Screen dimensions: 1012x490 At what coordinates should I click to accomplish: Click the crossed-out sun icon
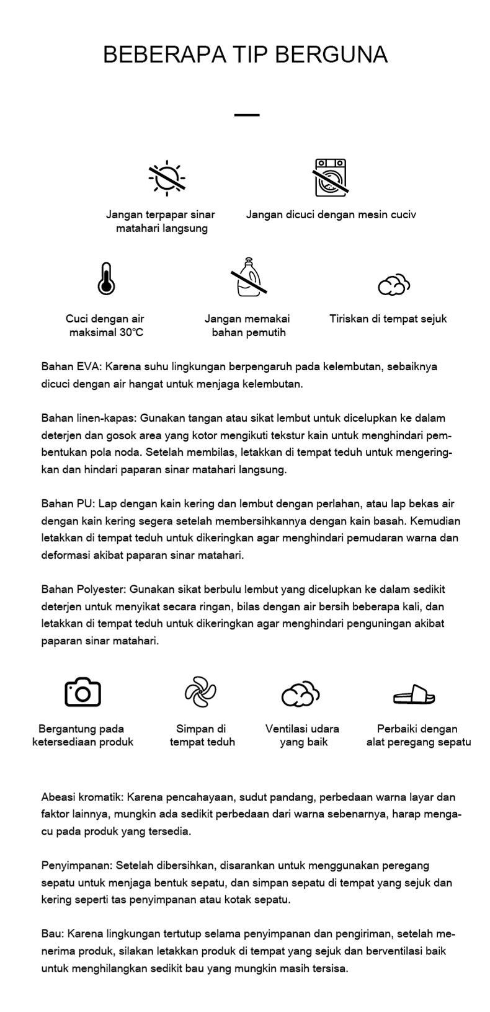(167, 178)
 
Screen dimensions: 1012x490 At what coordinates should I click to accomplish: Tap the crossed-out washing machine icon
(330, 177)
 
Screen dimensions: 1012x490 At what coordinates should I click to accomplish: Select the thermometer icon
(106, 278)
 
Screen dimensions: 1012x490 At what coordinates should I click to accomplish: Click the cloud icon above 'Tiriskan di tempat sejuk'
(394, 284)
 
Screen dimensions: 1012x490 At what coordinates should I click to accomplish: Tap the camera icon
(82, 692)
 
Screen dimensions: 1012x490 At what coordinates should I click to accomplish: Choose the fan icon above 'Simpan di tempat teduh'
(200, 692)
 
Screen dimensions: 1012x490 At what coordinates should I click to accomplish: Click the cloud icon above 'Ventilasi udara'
(300, 694)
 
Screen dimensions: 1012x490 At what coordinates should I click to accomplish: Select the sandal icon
(414, 695)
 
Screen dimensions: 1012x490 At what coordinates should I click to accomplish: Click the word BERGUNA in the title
(331, 55)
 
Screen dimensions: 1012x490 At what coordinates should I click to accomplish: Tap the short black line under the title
(247, 115)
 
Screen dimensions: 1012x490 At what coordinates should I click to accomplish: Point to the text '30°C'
(131, 332)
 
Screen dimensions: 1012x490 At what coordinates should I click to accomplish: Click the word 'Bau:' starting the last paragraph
(53, 933)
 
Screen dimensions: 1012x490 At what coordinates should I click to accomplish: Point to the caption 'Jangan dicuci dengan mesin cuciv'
(331, 215)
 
